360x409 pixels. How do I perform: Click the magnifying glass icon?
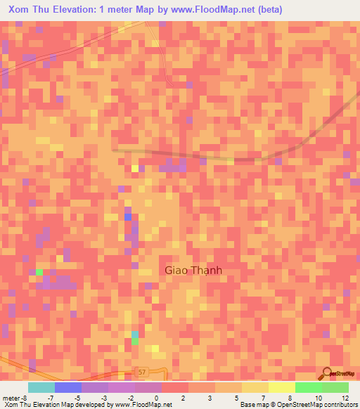(x=328, y=373)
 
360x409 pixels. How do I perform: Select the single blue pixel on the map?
(x=128, y=216)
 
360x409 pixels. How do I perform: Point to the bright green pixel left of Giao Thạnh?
(x=40, y=272)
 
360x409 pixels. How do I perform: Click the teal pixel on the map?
(x=135, y=338)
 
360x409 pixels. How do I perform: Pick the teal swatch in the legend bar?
(x=41, y=387)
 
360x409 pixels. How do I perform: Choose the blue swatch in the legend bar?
(x=68, y=387)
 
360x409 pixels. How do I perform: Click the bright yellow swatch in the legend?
(x=281, y=387)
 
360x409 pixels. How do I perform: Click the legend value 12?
(x=344, y=398)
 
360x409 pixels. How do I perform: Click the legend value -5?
(x=77, y=398)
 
